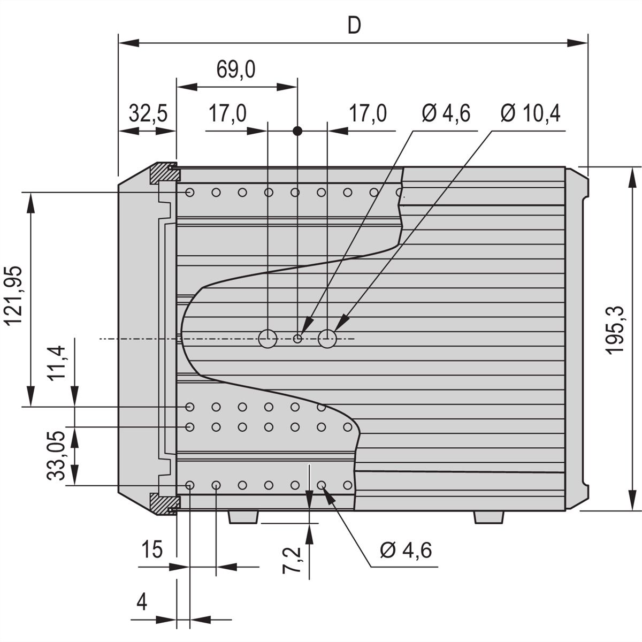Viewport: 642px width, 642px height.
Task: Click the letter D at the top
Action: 354,26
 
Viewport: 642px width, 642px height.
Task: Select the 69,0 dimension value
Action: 236,70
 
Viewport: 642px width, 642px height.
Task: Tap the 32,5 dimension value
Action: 148,113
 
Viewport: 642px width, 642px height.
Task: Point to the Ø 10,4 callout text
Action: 530,113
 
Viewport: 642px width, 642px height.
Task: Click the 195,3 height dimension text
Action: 614,330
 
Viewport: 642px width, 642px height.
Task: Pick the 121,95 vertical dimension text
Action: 13,296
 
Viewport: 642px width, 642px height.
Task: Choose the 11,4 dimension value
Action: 56,363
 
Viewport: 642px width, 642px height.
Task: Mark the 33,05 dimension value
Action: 56,456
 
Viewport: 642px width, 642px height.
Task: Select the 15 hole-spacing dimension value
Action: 152,549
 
